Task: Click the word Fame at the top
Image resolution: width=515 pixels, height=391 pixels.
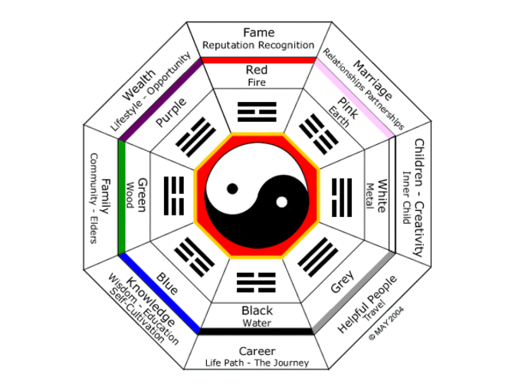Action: [x=258, y=32]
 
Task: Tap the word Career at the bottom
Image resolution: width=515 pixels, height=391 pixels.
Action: [x=257, y=350]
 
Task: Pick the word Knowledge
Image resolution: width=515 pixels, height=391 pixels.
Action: [x=151, y=304]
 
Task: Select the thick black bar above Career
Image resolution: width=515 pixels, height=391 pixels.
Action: [x=257, y=331]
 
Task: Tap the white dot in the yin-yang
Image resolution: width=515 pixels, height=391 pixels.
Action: [x=281, y=202]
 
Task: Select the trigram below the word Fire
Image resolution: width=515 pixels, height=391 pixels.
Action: [x=257, y=112]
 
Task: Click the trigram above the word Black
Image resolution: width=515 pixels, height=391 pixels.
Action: [x=257, y=281]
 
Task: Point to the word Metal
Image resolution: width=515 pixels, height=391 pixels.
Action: [x=369, y=196]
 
